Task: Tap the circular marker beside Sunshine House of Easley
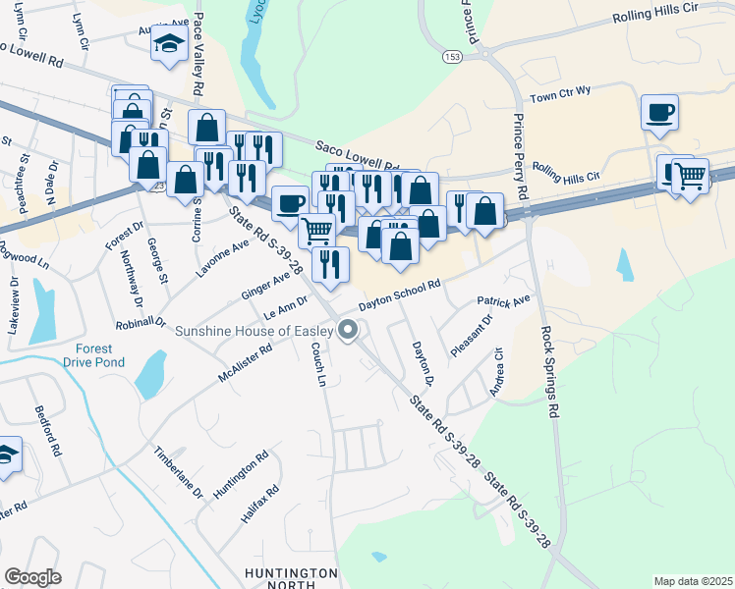(x=347, y=331)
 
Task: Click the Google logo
(x=32, y=577)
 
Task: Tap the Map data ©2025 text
(x=692, y=581)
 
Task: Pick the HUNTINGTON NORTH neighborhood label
(x=291, y=579)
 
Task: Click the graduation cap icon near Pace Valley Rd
(x=169, y=43)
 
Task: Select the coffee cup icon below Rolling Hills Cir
(x=659, y=111)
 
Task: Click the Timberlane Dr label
(x=177, y=471)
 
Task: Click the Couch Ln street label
(x=317, y=364)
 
